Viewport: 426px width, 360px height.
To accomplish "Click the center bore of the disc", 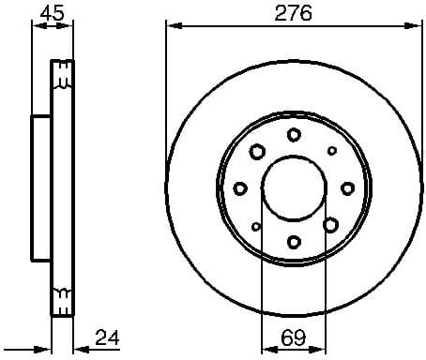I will coord(293,188).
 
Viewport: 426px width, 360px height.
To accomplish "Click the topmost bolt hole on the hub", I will coord(294,135).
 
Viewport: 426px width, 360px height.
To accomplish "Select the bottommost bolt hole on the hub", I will coord(294,242).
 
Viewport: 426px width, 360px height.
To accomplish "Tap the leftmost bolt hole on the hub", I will coord(240,188).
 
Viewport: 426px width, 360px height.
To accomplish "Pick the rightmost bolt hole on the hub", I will coord(347,188).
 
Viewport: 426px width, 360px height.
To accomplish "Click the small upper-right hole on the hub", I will coord(331,151).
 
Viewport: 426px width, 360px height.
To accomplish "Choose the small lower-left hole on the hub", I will coord(256,226).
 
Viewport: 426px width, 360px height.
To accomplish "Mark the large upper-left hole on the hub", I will coord(256,151).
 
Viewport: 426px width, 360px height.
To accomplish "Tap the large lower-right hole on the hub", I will coord(330,224).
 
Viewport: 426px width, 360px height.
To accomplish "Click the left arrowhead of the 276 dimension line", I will coord(170,25).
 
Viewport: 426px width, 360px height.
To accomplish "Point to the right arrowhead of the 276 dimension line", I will coord(417,25).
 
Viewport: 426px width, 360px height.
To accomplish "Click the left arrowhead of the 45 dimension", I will coord(36,25).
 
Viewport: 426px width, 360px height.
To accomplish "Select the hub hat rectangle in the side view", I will coord(40,188).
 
